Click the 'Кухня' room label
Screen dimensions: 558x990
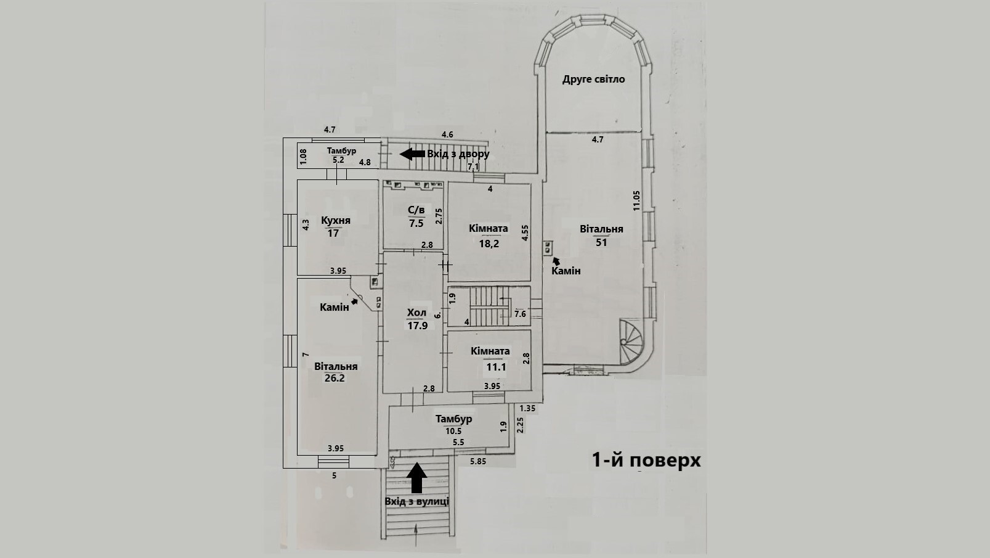(x=336, y=220)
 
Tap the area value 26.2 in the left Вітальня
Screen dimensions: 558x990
(x=335, y=378)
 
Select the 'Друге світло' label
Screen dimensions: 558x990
(x=594, y=79)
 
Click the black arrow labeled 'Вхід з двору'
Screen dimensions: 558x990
(x=412, y=154)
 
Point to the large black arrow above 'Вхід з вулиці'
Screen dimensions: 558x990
(x=417, y=477)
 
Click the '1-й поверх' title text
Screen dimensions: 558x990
(x=646, y=460)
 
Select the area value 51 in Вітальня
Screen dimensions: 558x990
(x=601, y=242)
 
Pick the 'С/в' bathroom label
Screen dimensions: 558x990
(x=416, y=211)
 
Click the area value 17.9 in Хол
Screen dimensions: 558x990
(x=417, y=325)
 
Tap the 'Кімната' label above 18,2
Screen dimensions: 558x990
(x=489, y=228)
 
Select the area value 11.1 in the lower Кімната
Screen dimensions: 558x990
(x=496, y=367)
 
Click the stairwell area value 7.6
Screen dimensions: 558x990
(x=520, y=314)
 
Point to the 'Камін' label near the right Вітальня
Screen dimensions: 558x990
(x=566, y=271)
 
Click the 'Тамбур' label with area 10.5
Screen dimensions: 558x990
(x=453, y=419)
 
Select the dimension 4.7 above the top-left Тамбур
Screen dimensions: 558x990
(x=330, y=129)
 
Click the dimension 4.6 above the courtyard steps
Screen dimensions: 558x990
(x=447, y=134)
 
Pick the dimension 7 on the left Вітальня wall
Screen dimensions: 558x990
(x=305, y=355)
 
